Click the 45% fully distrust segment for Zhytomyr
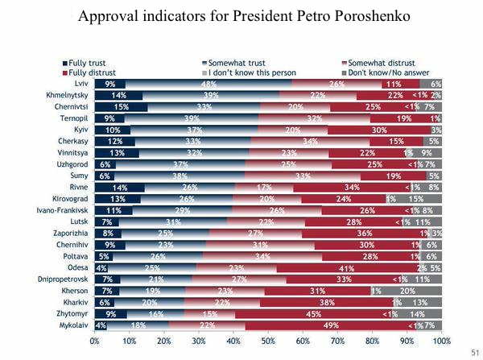point(330,314)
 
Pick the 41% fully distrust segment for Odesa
point(347,268)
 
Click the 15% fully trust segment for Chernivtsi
point(120,107)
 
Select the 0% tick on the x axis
point(95,341)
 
